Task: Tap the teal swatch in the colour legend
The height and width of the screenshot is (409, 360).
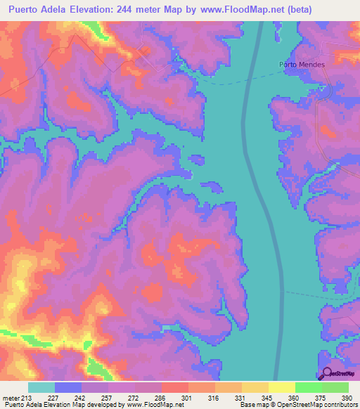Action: [x=41, y=388]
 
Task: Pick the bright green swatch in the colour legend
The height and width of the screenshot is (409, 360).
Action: [x=308, y=388]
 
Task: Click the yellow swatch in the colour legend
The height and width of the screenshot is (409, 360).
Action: [x=281, y=388]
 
